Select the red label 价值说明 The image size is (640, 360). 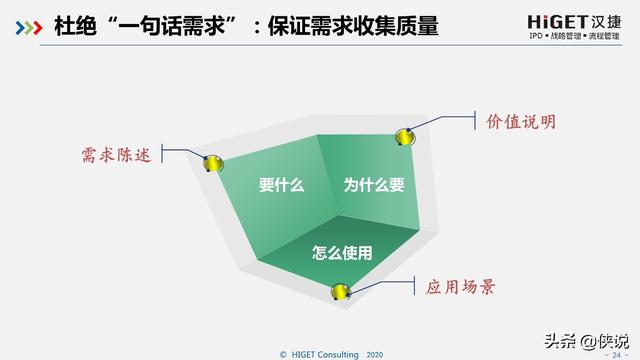(520, 122)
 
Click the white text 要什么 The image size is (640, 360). (281, 185)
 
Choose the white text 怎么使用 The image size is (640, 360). (342, 253)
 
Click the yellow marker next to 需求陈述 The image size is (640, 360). (213, 163)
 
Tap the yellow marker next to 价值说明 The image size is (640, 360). (404, 136)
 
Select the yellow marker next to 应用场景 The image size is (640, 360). (341, 291)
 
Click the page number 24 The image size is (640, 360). (614, 354)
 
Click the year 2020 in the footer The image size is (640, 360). (374, 354)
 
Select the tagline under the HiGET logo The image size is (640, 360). (555, 36)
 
